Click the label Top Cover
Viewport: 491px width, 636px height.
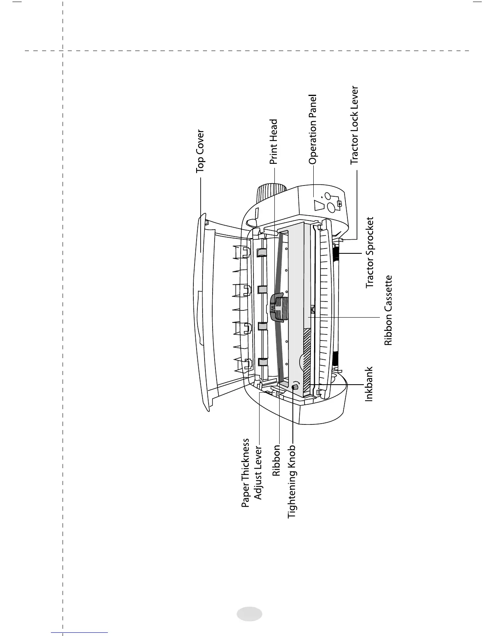pyautogui.click(x=200, y=151)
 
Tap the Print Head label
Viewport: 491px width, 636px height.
pyautogui.click(x=274, y=142)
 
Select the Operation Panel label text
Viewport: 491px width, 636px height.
pyautogui.click(x=312, y=129)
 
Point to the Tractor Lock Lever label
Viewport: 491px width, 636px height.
pyautogui.click(x=354, y=125)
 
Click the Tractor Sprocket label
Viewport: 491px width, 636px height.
pyautogui.click(x=369, y=253)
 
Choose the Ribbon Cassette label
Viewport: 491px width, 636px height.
pyautogui.click(x=388, y=310)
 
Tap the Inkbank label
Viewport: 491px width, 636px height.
pyautogui.click(x=369, y=384)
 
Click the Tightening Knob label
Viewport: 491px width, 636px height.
pyautogui.click(x=292, y=481)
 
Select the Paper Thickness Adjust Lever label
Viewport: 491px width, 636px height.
pyautogui.click(x=252, y=473)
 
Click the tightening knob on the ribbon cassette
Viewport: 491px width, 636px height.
pyautogui.click(x=295, y=387)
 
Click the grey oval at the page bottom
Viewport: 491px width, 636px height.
pyautogui.click(x=249, y=614)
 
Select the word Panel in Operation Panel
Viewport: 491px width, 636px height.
pyautogui.click(x=312, y=107)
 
